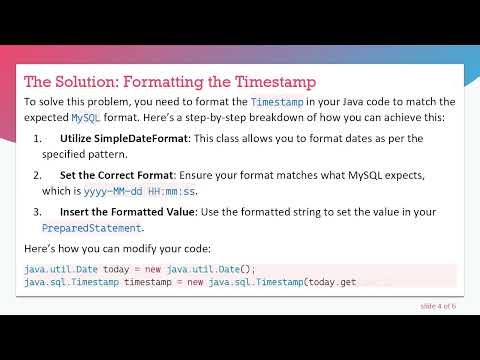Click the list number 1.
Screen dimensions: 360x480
pos(38,138)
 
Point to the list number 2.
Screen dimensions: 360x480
pos(38,175)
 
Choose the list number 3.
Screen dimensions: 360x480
pos(38,212)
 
